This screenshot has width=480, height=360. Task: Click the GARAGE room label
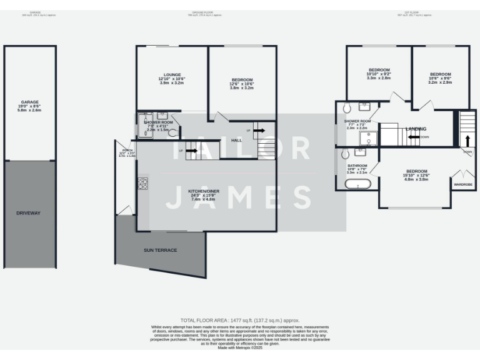click(x=30, y=102)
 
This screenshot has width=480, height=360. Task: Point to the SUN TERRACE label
click(x=160, y=250)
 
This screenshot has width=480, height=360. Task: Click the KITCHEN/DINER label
click(x=204, y=191)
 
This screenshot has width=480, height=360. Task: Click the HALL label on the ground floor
click(x=236, y=140)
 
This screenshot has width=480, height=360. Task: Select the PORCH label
click(x=127, y=151)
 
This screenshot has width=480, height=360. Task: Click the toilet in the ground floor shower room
click(x=173, y=132)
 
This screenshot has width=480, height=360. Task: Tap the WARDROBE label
click(x=462, y=184)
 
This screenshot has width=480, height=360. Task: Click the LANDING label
click(x=416, y=129)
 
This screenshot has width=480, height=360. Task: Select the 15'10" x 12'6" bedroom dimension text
click(x=416, y=176)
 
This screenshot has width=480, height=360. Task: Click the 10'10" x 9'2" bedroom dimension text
click(x=379, y=74)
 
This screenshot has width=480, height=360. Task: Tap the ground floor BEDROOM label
click(x=242, y=79)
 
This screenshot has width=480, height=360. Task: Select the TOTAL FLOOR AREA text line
click(x=240, y=319)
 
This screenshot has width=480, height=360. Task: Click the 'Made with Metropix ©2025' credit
click(x=240, y=347)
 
